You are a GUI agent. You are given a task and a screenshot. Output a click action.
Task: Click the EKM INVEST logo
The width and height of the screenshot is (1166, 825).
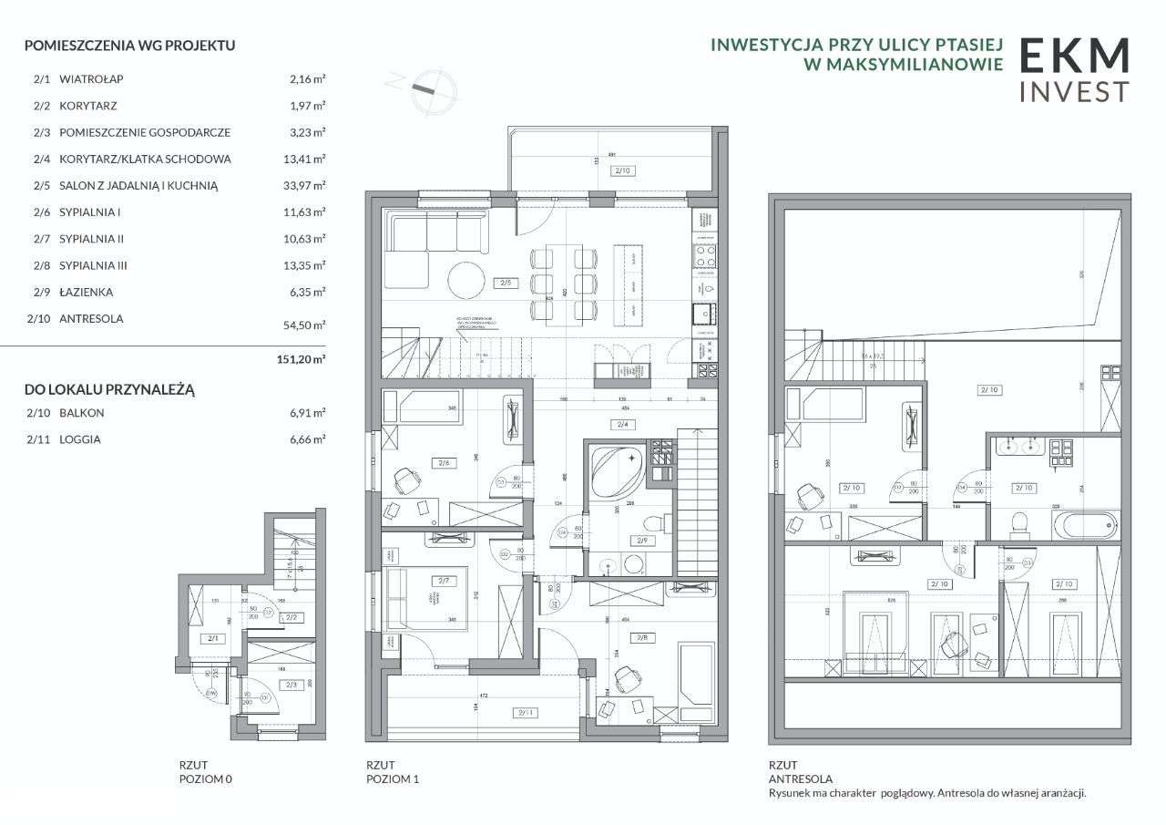point(1073,69)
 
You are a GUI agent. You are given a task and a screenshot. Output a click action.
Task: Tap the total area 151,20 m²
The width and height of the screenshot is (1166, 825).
point(301,359)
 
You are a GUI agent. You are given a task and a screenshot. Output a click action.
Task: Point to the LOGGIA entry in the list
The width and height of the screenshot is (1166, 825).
point(79,439)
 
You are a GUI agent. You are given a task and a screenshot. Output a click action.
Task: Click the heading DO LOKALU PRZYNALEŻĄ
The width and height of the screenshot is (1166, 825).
point(109,389)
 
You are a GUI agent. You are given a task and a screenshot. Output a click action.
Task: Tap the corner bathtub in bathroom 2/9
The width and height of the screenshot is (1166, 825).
point(617,469)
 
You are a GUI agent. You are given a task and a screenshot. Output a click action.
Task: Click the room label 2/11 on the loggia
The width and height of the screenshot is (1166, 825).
point(525,713)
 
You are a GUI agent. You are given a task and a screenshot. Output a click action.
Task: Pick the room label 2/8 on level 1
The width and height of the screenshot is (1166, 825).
point(645,637)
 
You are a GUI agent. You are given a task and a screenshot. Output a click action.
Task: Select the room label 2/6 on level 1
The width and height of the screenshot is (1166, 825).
point(445,463)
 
